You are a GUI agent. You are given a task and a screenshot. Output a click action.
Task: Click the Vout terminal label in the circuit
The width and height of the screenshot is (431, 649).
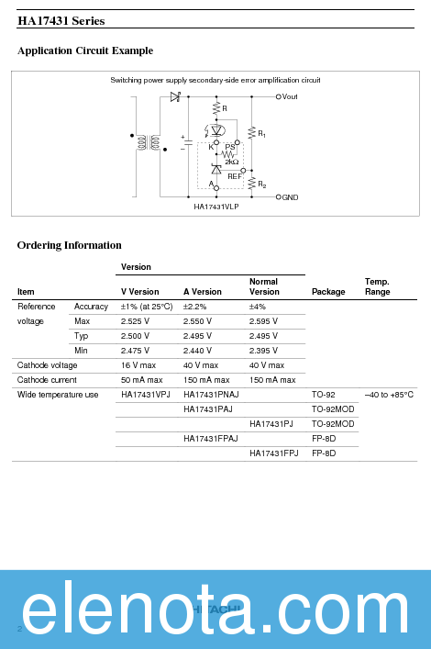pyautogui.click(x=290, y=96)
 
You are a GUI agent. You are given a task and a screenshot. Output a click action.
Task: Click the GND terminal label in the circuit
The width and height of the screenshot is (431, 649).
pyautogui.click(x=290, y=197)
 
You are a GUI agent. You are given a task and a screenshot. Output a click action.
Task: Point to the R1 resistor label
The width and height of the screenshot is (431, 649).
pyautogui.click(x=262, y=134)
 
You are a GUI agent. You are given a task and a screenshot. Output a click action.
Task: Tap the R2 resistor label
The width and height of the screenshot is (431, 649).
pyautogui.click(x=262, y=185)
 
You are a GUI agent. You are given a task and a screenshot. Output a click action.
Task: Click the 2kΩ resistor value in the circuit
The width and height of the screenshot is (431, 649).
pyautogui.click(x=231, y=162)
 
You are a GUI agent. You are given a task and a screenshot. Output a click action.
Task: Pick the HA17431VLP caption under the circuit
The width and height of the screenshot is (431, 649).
pyautogui.click(x=215, y=207)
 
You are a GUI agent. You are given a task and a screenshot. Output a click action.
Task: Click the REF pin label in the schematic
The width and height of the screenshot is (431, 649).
pyautogui.click(x=236, y=174)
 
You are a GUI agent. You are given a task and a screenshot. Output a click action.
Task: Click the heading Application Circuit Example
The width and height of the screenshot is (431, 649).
pyautogui.click(x=85, y=50)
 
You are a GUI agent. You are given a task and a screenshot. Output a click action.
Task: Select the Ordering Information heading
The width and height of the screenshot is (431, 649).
pyautogui.click(x=70, y=245)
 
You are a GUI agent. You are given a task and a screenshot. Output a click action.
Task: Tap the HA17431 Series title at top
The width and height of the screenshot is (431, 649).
pyautogui.click(x=61, y=20)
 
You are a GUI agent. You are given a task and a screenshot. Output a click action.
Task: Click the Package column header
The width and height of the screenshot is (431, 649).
pyautogui.click(x=328, y=292)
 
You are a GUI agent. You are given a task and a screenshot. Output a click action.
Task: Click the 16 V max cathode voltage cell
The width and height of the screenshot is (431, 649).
pyautogui.click(x=141, y=365)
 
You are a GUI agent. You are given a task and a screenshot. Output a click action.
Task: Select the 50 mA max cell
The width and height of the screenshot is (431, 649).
pyautogui.click(x=141, y=380)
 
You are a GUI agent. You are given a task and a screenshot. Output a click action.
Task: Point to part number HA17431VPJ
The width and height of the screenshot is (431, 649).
pyautogui.click(x=146, y=395)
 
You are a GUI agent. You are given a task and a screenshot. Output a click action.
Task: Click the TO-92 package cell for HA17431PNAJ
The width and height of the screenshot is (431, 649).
pyautogui.click(x=324, y=395)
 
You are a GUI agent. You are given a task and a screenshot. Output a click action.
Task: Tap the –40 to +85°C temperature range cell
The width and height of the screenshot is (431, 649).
pyautogui.click(x=389, y=395)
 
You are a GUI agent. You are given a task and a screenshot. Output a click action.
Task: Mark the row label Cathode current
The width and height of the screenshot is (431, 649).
pyautogui.click(x=47, y=380)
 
